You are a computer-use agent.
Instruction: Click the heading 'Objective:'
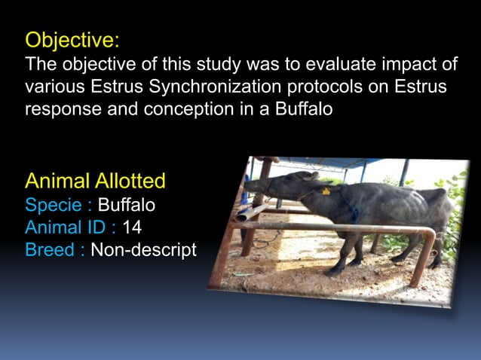click(x=72, y=38)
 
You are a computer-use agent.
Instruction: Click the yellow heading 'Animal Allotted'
click(x=96, y=181)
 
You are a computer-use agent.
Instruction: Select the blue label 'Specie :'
click(x=59, y=204)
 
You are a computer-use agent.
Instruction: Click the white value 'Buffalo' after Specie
click(x=127, y=204)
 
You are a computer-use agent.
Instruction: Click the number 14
click(x=133, y=227)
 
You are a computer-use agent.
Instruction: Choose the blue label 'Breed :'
click(x=54, y=250)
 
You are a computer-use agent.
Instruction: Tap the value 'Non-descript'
click(x=143, y=250)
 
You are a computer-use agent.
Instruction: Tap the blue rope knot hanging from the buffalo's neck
click(x=354, y=214)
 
